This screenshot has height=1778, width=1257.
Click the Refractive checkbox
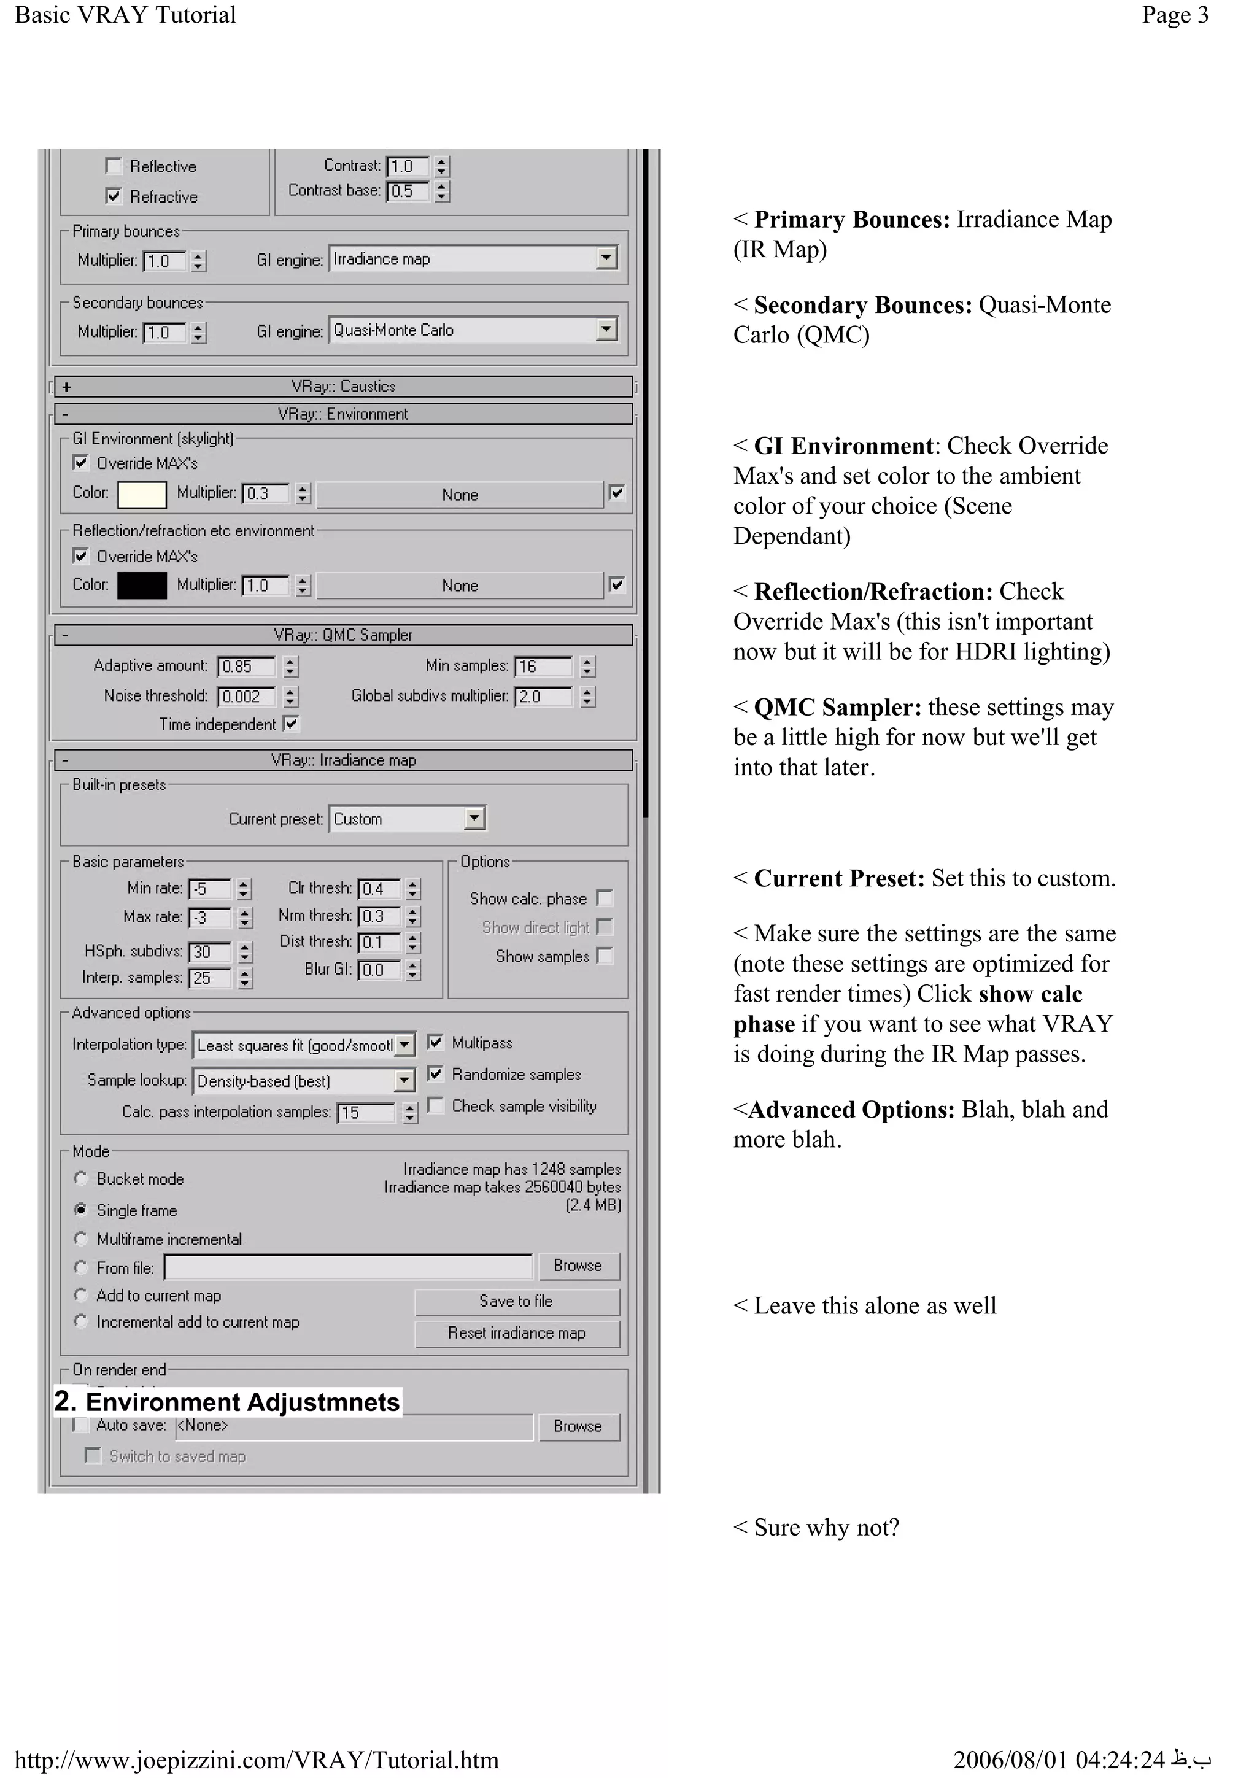click(114, 196)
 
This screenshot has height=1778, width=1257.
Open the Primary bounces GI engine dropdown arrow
click(606, 258)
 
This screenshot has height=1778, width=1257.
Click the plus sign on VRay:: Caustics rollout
click(68, 387)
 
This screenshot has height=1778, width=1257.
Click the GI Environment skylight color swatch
click(142, 494)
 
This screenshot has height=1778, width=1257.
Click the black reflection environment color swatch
click(142, 586)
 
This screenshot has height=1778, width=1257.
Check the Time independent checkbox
click(291, 724)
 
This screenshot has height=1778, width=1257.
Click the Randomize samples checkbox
click(436, 1074)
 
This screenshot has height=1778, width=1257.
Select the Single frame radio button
click(80, 1210)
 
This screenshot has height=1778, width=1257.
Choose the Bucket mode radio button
click(80, 1178)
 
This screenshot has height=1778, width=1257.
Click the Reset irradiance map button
click(517, 1332)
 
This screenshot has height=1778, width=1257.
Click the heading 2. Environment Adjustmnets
click(227, 1402)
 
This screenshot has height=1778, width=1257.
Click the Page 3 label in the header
click(1174, 15)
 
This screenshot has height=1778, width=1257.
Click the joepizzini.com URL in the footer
click(257, 1760)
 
